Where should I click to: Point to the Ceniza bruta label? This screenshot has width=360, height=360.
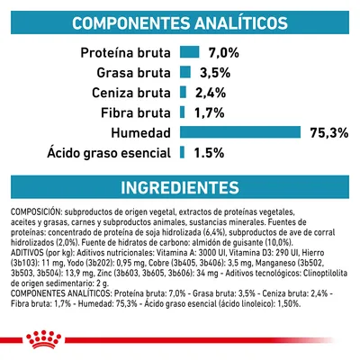point(131,93)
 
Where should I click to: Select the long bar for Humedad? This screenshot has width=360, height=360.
point(239,132)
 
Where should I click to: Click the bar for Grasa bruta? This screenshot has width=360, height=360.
point(184,73)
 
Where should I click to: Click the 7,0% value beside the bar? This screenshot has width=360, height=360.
point(223,53)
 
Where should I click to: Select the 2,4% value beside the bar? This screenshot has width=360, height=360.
point(210,93)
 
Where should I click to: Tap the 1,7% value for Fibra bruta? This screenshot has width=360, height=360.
point(209,112)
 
